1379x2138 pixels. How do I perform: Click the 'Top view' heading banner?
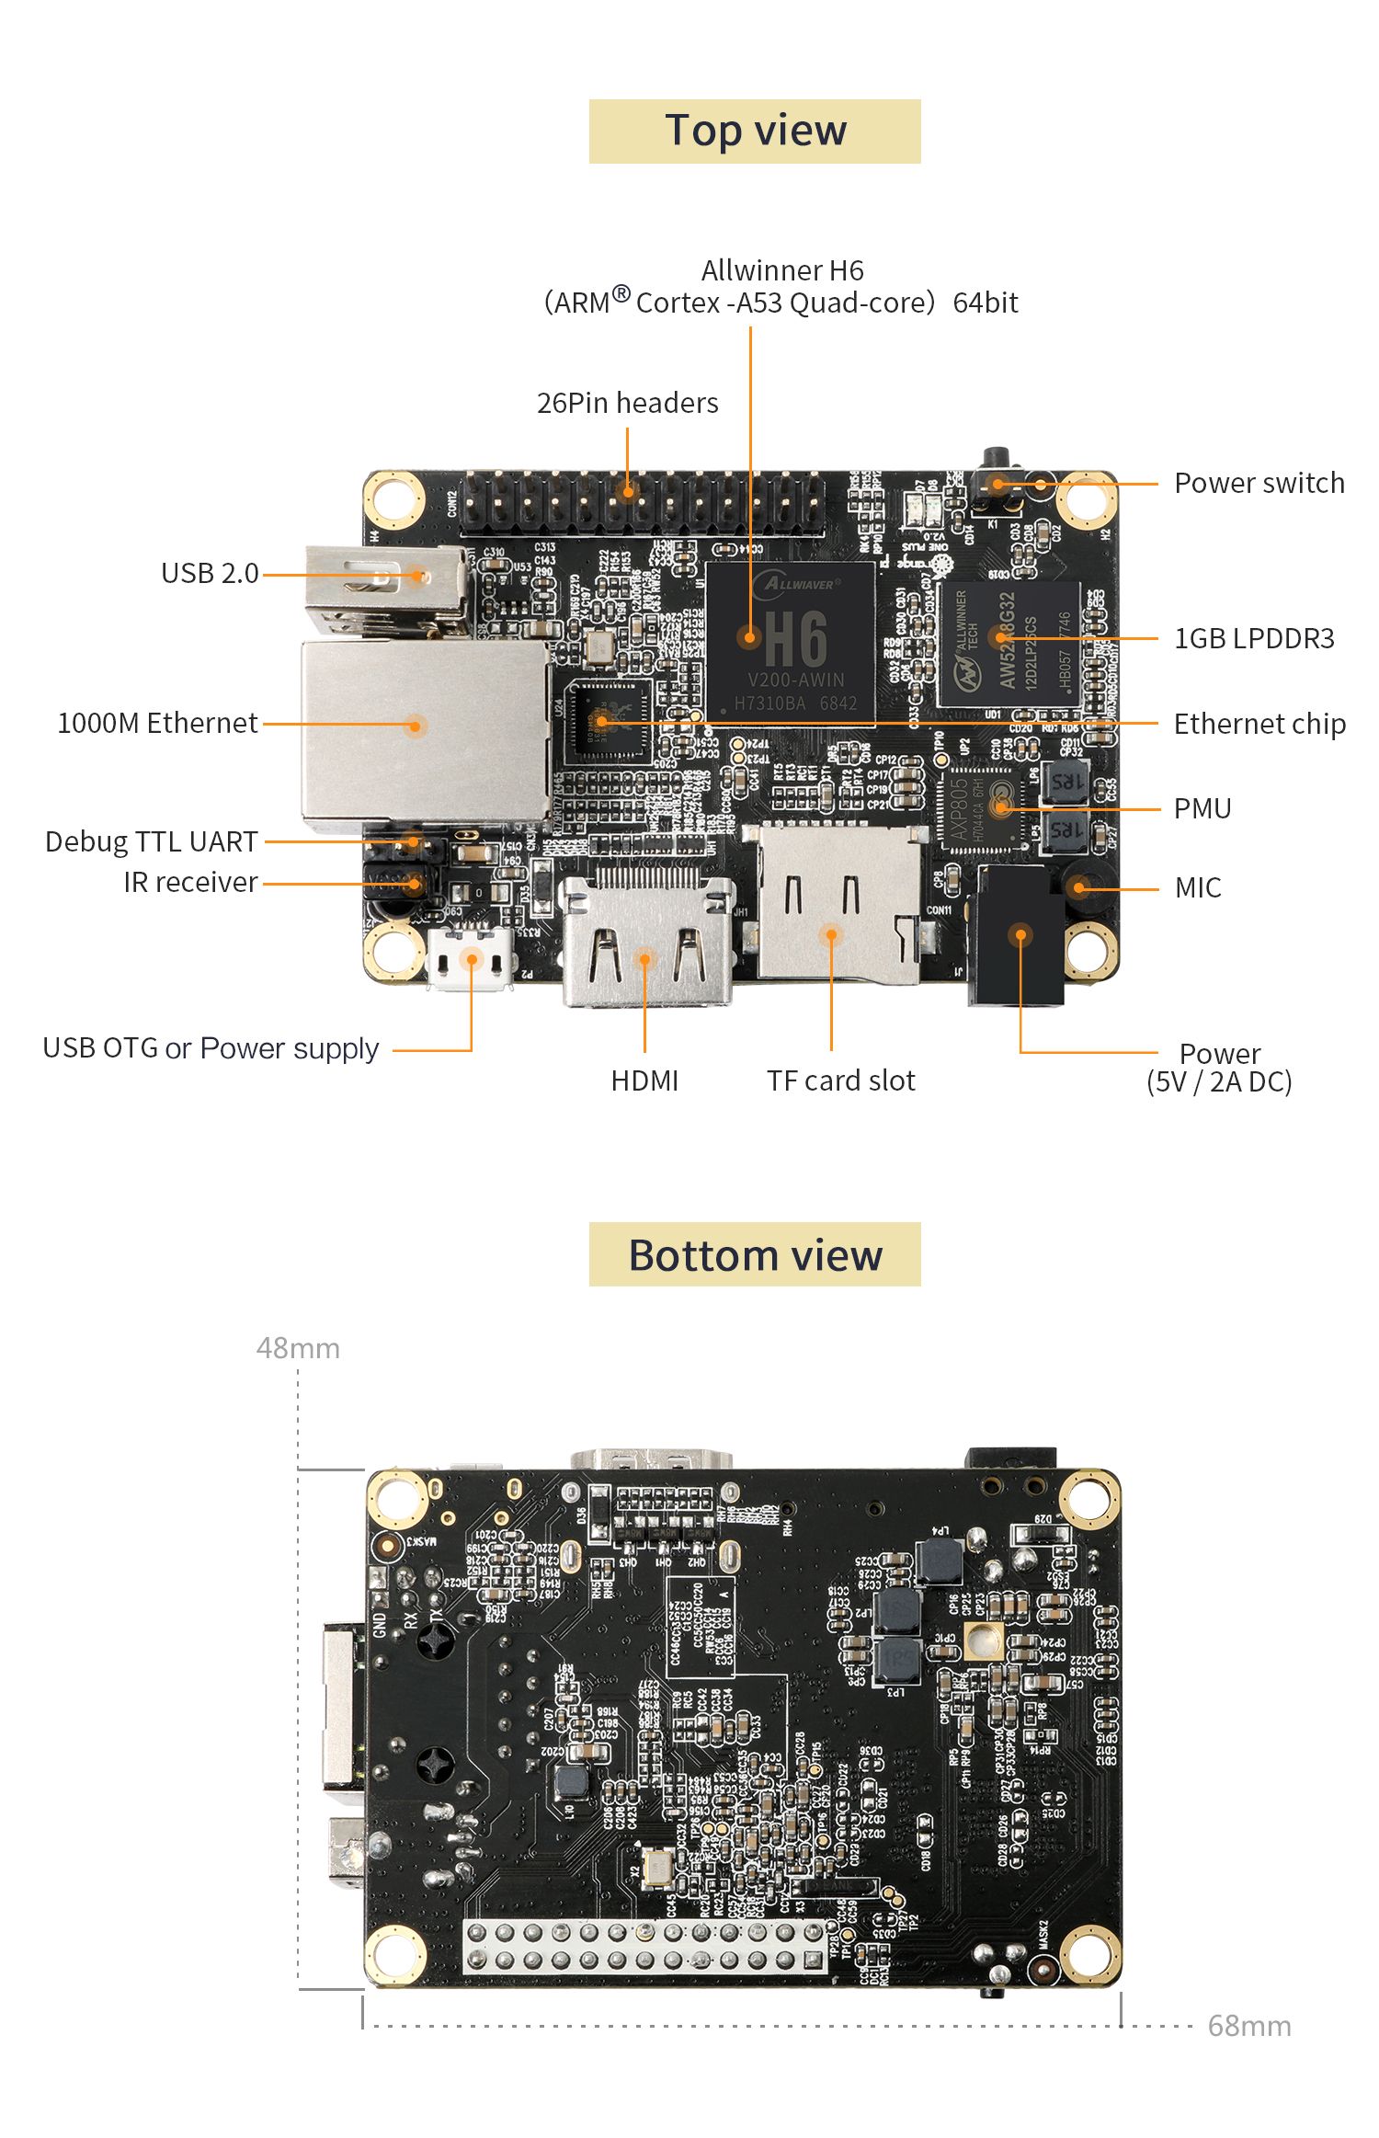coord(754,131)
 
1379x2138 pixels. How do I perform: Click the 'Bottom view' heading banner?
coord(754,1254)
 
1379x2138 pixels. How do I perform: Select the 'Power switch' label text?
coord(1259,483)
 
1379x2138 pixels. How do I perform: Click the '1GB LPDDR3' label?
coord(1253,638)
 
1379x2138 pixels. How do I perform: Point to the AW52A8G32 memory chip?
coord(1009,644)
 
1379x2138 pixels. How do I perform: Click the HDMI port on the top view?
coord(646,943)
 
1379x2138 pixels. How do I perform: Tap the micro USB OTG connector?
coord(471,961)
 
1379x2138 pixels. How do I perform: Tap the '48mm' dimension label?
coord(298,1348)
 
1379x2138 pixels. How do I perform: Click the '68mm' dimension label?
coord(1248,2026)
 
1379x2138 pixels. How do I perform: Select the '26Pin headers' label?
coord(627,403)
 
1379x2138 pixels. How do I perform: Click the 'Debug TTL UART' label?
coord(152,841)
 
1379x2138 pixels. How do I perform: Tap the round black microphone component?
coord(1080,886)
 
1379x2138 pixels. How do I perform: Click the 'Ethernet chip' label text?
coord(1259,724)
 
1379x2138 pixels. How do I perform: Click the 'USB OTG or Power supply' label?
coord(211,1048)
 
